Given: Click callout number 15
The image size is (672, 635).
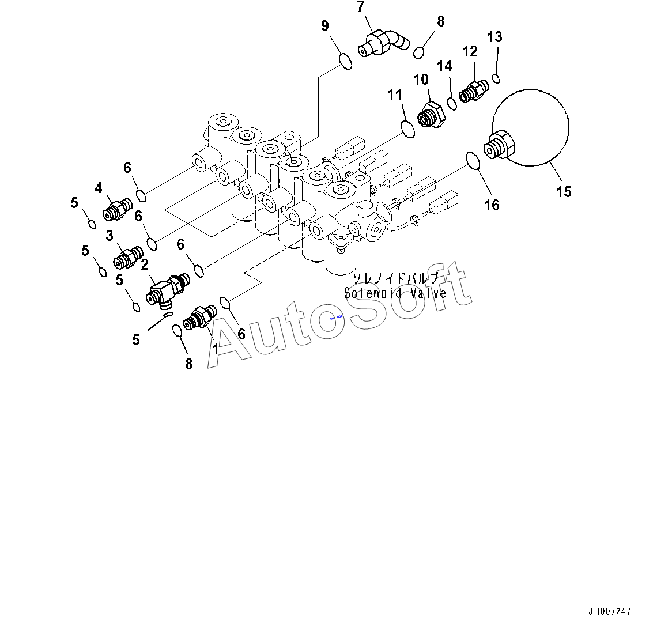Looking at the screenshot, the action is click(564, 191).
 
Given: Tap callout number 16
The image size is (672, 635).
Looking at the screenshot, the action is click(492, 205).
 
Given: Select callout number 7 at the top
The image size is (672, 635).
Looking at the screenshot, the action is click(360, 6).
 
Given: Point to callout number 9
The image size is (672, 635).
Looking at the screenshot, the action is click(325, 26).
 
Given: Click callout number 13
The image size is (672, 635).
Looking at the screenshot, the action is click(494, 37).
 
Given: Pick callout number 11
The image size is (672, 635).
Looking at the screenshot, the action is click(395, 95).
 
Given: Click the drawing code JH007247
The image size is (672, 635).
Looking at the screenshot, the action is click(609, 611).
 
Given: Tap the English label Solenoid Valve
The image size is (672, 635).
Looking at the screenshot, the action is click(395, 293).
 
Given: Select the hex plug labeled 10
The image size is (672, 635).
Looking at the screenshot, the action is click(431, 115).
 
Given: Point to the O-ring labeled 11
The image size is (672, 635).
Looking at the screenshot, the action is click(408, 130).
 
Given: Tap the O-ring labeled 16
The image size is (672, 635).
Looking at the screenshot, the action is click(473, 160).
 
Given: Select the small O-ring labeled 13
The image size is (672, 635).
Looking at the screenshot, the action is click(496, 79).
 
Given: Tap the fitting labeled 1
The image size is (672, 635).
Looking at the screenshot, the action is click(200, 318).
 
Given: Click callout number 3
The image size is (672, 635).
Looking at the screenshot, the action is click(110, 235).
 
